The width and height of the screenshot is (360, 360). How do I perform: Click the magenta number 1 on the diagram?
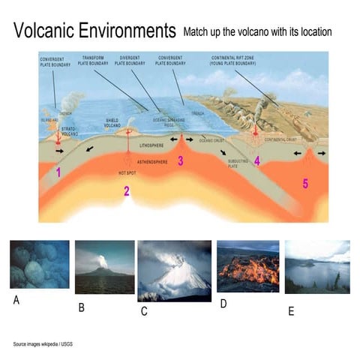58,172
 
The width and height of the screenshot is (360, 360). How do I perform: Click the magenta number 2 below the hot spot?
127,190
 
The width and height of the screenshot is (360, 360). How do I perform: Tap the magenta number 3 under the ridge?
180,160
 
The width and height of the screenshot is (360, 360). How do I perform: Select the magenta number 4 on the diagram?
256,160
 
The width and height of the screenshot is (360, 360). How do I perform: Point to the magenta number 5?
304,183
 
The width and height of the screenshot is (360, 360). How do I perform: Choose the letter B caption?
82,307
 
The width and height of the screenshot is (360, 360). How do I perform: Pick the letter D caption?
223,304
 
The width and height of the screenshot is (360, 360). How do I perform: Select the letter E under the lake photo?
291,311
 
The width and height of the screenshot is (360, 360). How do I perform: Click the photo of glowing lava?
247,267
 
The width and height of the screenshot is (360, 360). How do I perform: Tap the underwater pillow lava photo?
39,265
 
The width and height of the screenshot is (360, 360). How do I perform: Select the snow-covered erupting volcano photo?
173,270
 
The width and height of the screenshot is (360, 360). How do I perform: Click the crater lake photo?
317,267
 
